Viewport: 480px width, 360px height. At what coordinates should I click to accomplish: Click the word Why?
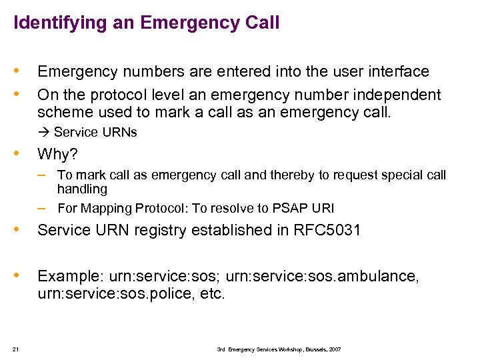[57, 155]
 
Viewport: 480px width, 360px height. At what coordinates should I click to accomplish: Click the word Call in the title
[263, 23]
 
